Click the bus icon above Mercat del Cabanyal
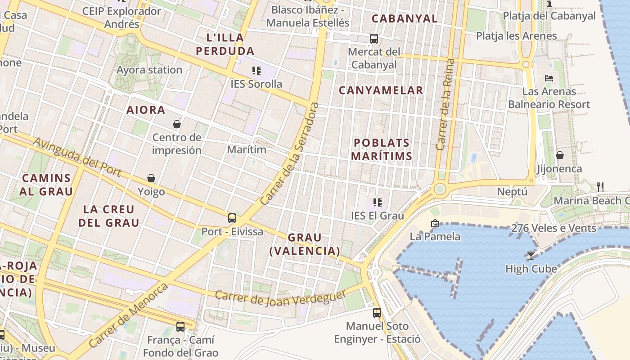(x=373, y=39)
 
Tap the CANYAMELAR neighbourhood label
(x=381, y=90)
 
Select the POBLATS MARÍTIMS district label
(x=381, y=149)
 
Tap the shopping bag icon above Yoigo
(x=151, y=179)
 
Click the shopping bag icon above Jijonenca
(x=559, y=156)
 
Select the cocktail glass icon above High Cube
(x=531, y=256)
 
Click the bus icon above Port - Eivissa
(x=232, y=218)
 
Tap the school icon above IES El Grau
(x=377, y=202)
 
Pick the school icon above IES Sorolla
(x=256, y=70)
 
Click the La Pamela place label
(x=435, y=236)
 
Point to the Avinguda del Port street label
(x=77, y=157)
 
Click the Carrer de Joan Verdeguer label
(x=280, y=298)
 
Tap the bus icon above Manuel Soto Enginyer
(x=377, y=312)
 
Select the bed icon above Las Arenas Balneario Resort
(x=549, y=78)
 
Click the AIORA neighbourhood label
(x=145, y=110)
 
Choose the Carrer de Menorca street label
(x=129, y=315)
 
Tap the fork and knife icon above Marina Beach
(x=600, y=187)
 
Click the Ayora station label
(x=149, y=70)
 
